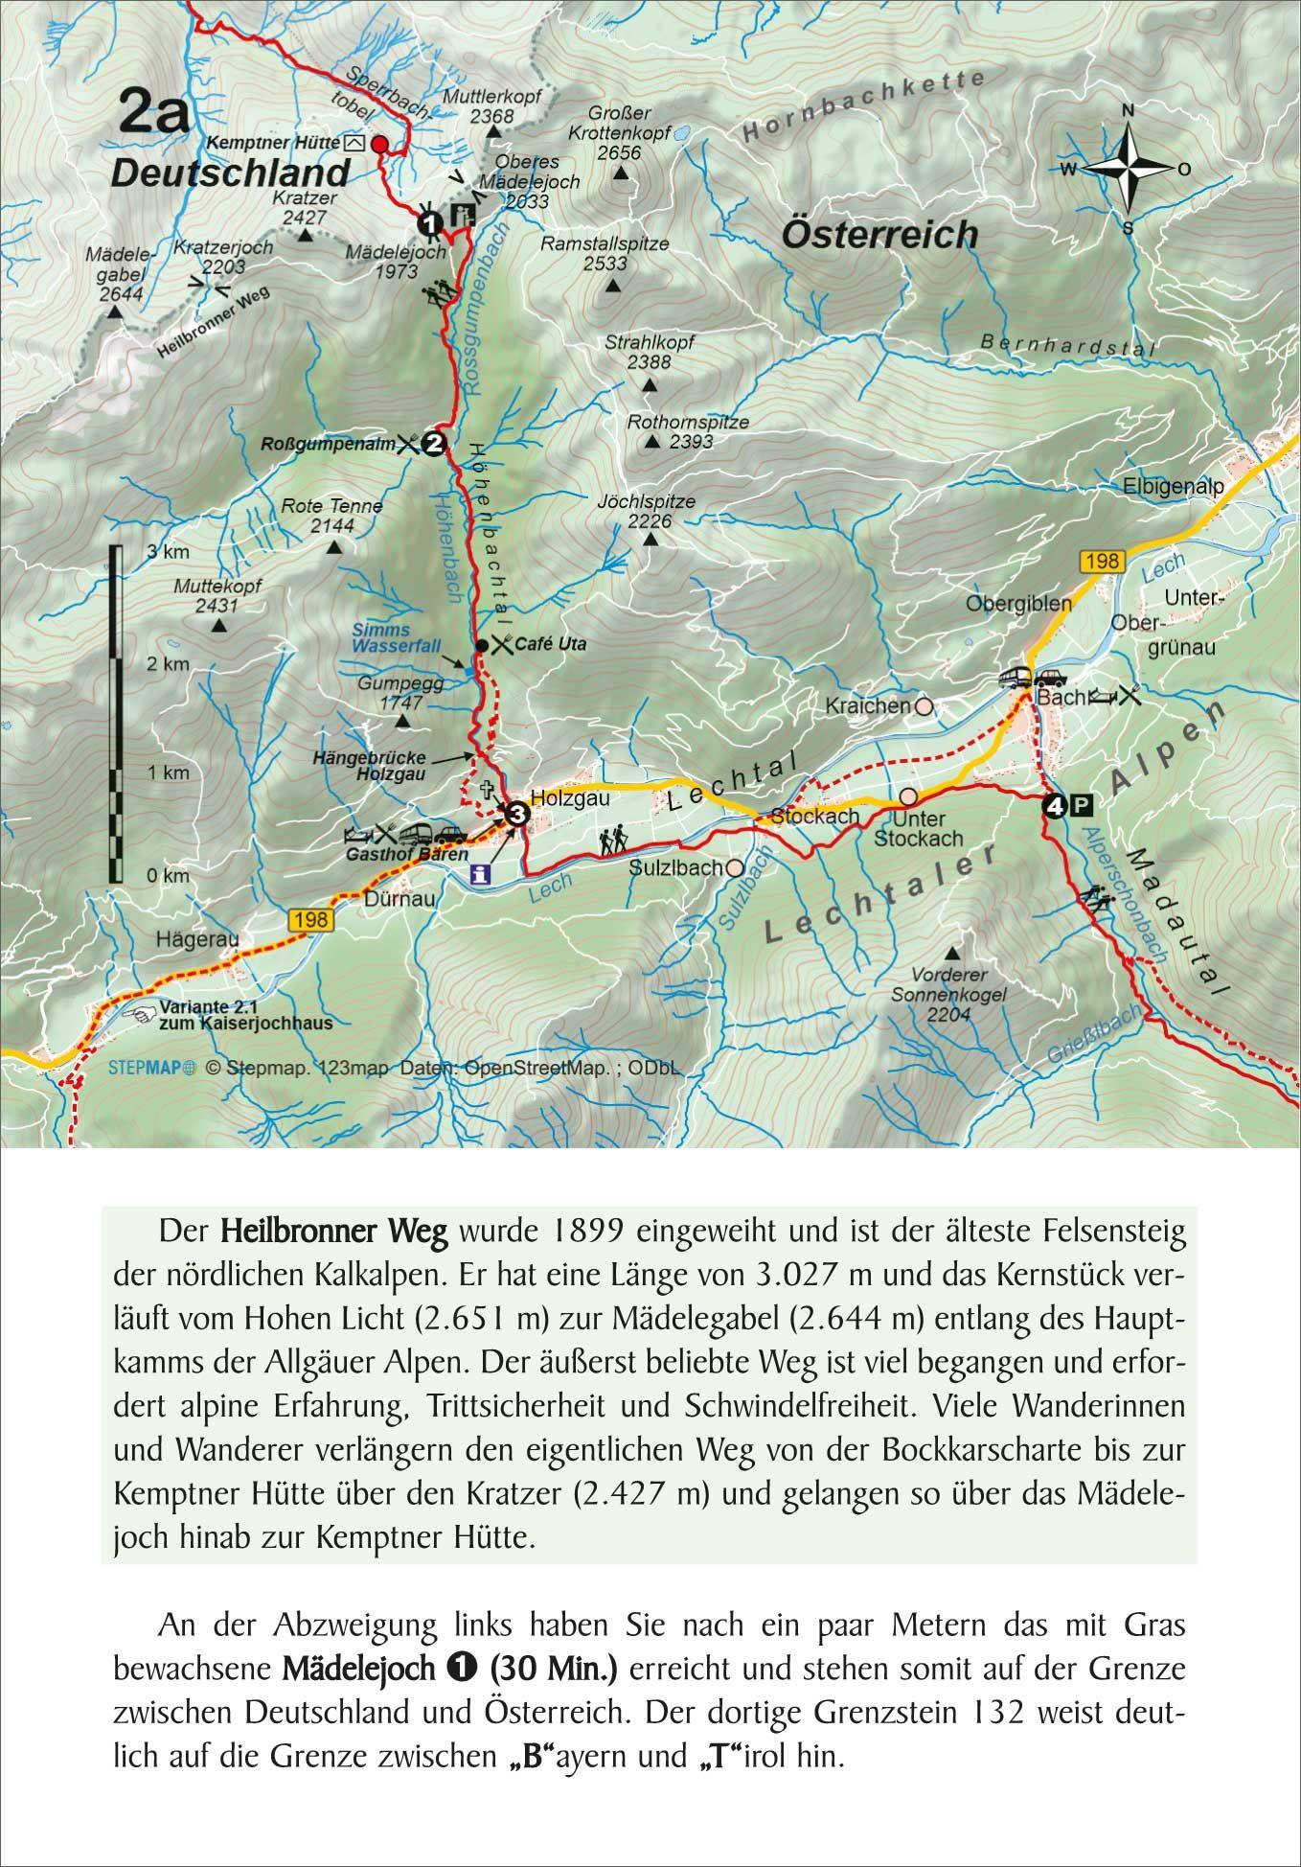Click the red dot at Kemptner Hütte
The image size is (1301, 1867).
tap(379, 145)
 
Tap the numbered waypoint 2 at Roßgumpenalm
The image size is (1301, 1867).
tap(435, 444)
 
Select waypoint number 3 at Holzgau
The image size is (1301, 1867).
tap(516, 814)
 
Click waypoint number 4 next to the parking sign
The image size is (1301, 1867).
tap(1055, 807)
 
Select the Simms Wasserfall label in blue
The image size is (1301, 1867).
tap(382, 638)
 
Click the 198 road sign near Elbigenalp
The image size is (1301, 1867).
tap(1102, 562)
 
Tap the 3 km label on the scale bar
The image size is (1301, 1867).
tap(169, 553)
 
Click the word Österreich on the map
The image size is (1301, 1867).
tap(879, 234)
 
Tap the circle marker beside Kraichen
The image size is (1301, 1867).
tap(924, 706)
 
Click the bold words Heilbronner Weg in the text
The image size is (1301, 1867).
tap(333, 1232)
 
